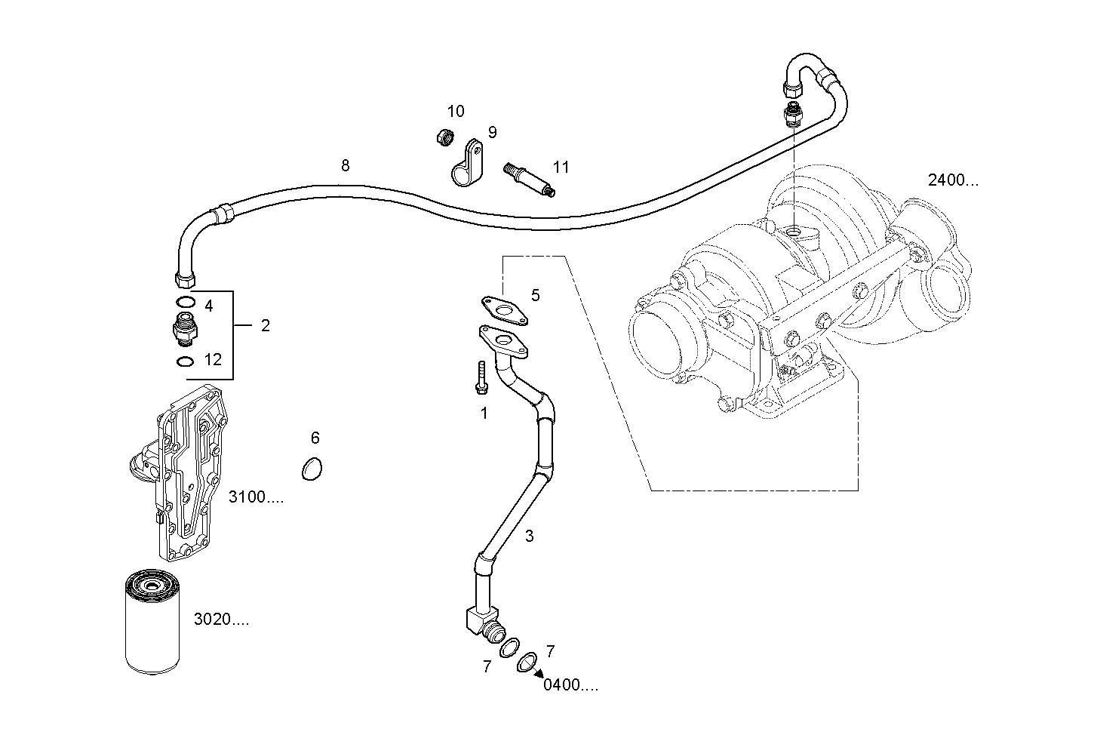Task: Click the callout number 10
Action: (x=455, y=112)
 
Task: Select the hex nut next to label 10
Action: (x=445, y=137)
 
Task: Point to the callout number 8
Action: (x=346, y=165)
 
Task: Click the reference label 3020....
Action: (x=221, y=620)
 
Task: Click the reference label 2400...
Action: (x=953, y=180)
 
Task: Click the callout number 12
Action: (x=214, y=360)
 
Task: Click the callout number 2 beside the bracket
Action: (x=265, y=326)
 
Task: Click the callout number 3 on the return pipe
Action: (x=529, y=536)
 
